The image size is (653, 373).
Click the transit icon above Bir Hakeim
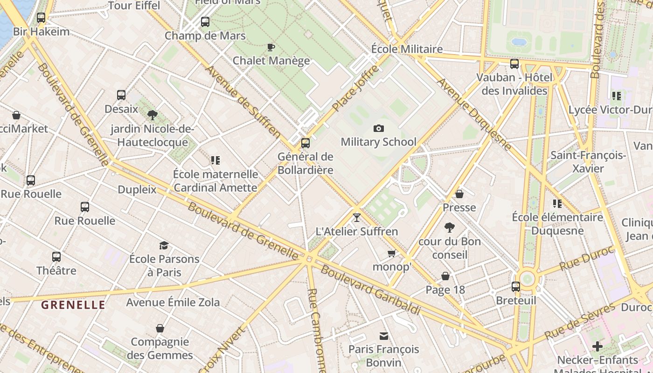click(x=41, y=18)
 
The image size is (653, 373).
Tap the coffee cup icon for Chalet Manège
click(x=271, y=47)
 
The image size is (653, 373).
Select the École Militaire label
click(x=407, y=49)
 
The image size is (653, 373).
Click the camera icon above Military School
click(x=378, y=128)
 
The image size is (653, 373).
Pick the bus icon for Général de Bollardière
click(x=306, y=143)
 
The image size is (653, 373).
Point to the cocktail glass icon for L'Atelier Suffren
click(x=357, y=217)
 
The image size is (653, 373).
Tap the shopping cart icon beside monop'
click(x=391, y=253)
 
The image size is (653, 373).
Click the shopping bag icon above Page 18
click(x=445, y=276)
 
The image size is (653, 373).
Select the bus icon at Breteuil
click(x=516, y=287)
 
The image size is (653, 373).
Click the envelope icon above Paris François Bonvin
click(x=384, y=336)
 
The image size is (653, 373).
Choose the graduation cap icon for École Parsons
click(x=164, y=245)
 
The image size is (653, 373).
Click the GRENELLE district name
click(x=73, y=305)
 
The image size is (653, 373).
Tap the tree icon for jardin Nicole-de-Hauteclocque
click(x=152, y=115)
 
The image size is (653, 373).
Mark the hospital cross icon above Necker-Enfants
click(x=597, y=346)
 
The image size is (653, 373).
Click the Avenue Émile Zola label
click(x=173, y=302)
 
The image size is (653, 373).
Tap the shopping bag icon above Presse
click(x=459, y=194)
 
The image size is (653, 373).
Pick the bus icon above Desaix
click(x=121, y=95)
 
